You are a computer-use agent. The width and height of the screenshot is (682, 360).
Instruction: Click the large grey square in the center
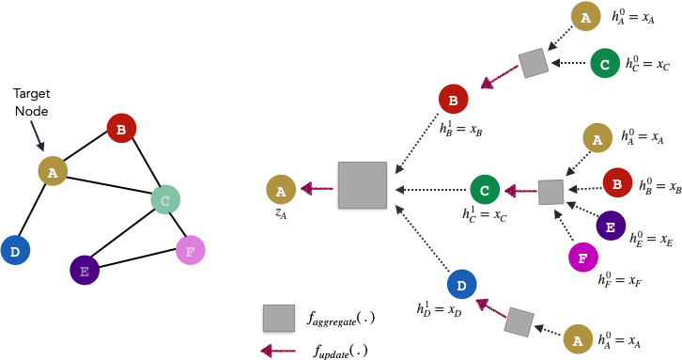click(x=363, y=185)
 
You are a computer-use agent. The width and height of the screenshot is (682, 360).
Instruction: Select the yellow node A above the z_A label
click(x=281, y=189)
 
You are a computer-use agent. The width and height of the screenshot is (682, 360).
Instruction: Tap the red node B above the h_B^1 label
click(x=453, y=99)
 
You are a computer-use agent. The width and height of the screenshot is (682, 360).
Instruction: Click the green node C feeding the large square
click(x=485, y=190)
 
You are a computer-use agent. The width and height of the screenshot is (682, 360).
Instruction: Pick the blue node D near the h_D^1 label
click(x=461, y=284)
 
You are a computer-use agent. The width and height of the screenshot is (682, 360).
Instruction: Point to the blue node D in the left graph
click(x=15, y=250)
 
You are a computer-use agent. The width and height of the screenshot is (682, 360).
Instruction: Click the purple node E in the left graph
click(x=85, y=271)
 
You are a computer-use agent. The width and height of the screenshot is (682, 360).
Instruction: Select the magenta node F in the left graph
click(x=190, y=250)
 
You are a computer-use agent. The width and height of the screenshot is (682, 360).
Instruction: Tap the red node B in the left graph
click(x=121, y=128)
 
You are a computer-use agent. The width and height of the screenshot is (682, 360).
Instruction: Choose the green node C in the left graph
click(x=165, y=199)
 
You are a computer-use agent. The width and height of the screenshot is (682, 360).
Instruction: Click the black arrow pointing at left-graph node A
click(x=37, y=135)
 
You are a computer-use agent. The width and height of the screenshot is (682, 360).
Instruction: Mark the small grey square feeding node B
click(x=534, y=63)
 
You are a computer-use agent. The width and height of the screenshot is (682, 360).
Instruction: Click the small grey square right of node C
click(x=550, y=192)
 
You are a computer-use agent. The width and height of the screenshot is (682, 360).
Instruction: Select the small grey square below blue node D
click(x=519, y=322)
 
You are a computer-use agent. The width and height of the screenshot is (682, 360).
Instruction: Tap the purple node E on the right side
click(x=611, y=226)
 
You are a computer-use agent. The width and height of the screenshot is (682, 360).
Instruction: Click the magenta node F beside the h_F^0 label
click(x=583, y=257)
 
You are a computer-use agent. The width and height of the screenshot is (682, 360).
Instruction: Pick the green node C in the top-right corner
click(x=605, y=63)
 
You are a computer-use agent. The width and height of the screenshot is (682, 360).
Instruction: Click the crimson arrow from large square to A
click(x=318, y=189)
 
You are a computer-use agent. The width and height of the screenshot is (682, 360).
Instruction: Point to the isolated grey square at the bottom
click(x=279, y=318)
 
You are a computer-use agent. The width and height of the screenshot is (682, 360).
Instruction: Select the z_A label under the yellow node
click(x=281, y=213)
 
